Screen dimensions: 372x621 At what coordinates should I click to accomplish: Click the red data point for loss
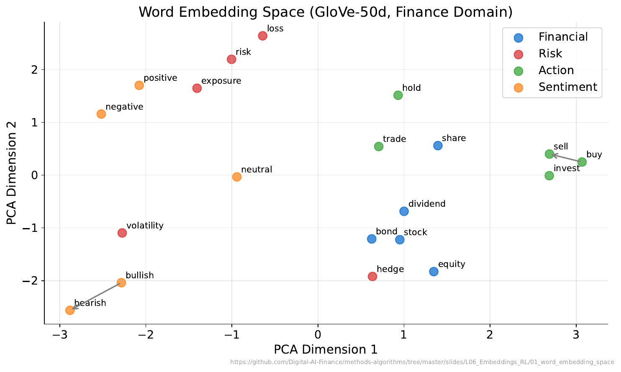pyautogui.click(x=262, y=36)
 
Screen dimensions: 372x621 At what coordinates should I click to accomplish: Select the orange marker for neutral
pyautogui.click(x=237, y=177)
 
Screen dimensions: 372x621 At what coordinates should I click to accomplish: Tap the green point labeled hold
pyautogui.click(x=398, y=95)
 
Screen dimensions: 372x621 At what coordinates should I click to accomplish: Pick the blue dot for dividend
pyautogui.click(x=404, y=211)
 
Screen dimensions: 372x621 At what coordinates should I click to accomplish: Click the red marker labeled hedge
pyautogui.click(x=372, y=277)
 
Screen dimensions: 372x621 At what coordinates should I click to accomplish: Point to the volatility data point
pyautogui.click(x=122, y=233)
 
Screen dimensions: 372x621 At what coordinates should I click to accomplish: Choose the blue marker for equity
pyautogui.click(x=434, y=272)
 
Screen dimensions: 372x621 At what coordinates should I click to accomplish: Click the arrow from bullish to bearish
pyautogui.click(x=96, y=296)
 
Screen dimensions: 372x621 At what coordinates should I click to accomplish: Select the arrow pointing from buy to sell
pyautogui.click(x=566, y=158)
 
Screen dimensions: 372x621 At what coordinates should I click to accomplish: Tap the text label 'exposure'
pyautogui.click(x=221, y=81)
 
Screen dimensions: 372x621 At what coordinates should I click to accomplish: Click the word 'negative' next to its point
pyautogui.click(x=124, y=107)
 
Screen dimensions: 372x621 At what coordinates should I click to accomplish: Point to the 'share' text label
pyautogui.click(x=454, y=139)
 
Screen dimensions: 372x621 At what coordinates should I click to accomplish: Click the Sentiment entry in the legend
pyautogui.click(x=567, y=87)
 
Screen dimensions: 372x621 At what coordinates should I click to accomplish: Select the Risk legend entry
pyautogui.click(x=550, y=54)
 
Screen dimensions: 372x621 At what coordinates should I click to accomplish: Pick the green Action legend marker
pyautogui.click(x=518, y=71)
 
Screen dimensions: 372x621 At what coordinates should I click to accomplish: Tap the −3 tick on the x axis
pyautogui.click(x=60, y=335)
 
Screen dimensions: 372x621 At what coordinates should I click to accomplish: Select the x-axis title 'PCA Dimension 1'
pyautogui.click(x=326, y=349)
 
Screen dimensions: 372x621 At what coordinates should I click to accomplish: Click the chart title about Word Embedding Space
pyautogui.click(x=326, y=12)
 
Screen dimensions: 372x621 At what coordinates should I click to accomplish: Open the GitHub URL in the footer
pyautogui.click(x=422, y=362)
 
